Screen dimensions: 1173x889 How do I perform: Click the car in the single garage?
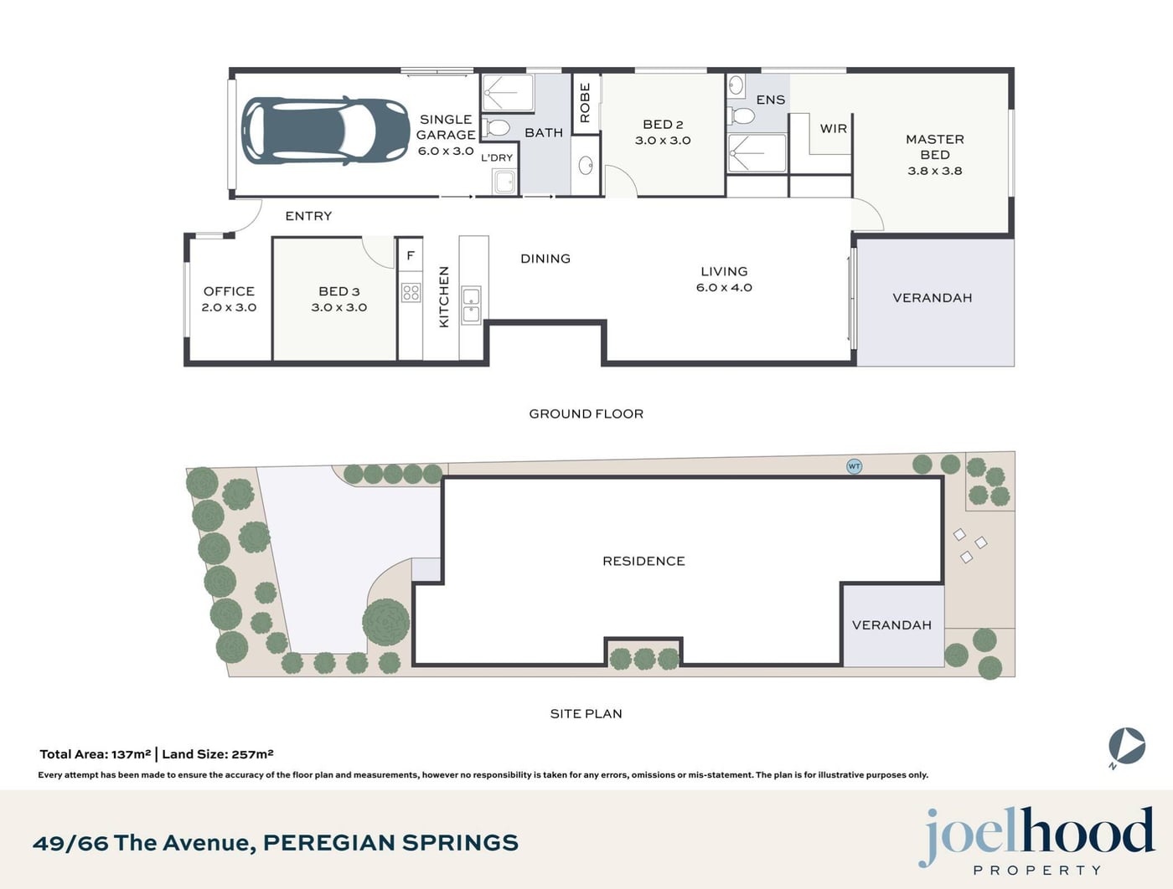pos(325,131)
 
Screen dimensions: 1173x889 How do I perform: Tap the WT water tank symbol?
pos(854,466)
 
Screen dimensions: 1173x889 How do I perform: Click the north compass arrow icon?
pos(1127,748)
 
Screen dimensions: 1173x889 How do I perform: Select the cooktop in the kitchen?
pos(411,293)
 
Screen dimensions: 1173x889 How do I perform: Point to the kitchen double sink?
pos(472,305)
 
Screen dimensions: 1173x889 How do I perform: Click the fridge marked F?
pos(411,256)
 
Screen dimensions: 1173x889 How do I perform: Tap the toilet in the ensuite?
pos(742,115)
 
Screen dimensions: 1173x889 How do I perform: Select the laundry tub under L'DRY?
pos(504,182)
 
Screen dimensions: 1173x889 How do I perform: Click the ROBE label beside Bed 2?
pos(585,102)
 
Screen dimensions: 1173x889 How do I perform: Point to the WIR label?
pos(834,129)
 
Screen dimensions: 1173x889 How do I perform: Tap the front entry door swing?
pos(247,216)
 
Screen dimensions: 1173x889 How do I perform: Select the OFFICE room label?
pos(229,291)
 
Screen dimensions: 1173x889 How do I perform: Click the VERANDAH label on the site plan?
pos(891,625)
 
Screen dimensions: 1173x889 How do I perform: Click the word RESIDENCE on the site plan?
pos(643,561)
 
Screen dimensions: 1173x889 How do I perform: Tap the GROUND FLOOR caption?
pos(586,414)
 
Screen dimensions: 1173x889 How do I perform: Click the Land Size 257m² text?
pos(218,754)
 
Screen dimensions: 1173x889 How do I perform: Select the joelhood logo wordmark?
pos(1036,837)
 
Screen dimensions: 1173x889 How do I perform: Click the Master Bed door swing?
pos(868,214)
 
